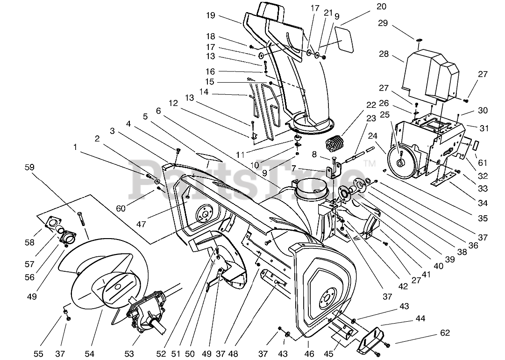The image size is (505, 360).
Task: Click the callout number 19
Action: click(x=210, y=15)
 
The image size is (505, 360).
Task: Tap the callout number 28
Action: click(x=384, y=54)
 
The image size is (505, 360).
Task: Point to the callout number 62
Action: click(x=444, y=333)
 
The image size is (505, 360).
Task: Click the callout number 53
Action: click(x=129, y=354)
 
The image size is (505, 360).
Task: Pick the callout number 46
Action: click(x=309, y=354)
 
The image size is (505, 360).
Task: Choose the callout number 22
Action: click(x=371, y=105)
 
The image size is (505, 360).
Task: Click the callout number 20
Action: click(x=382, y=7)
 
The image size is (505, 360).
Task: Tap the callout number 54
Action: click(x=99, y=354)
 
